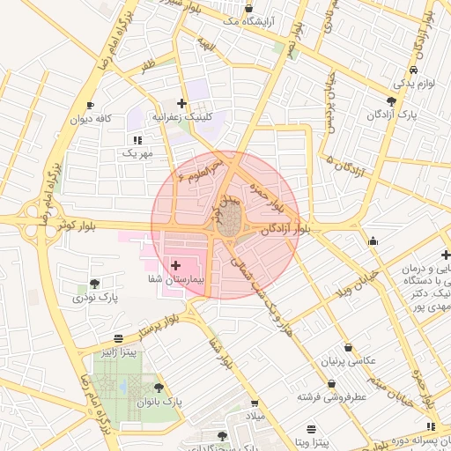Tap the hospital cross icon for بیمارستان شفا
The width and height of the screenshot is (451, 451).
[174, 264]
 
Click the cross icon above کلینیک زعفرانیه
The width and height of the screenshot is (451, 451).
[181, 104]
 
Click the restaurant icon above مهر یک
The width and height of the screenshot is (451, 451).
[137, 140]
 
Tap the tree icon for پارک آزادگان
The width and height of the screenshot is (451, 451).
[391, 101]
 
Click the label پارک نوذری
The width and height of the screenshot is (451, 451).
[96, 297]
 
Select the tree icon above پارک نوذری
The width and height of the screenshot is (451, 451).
[94, 284]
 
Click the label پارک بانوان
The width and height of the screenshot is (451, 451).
[159, 401]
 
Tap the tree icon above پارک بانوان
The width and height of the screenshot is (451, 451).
[159, 388]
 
